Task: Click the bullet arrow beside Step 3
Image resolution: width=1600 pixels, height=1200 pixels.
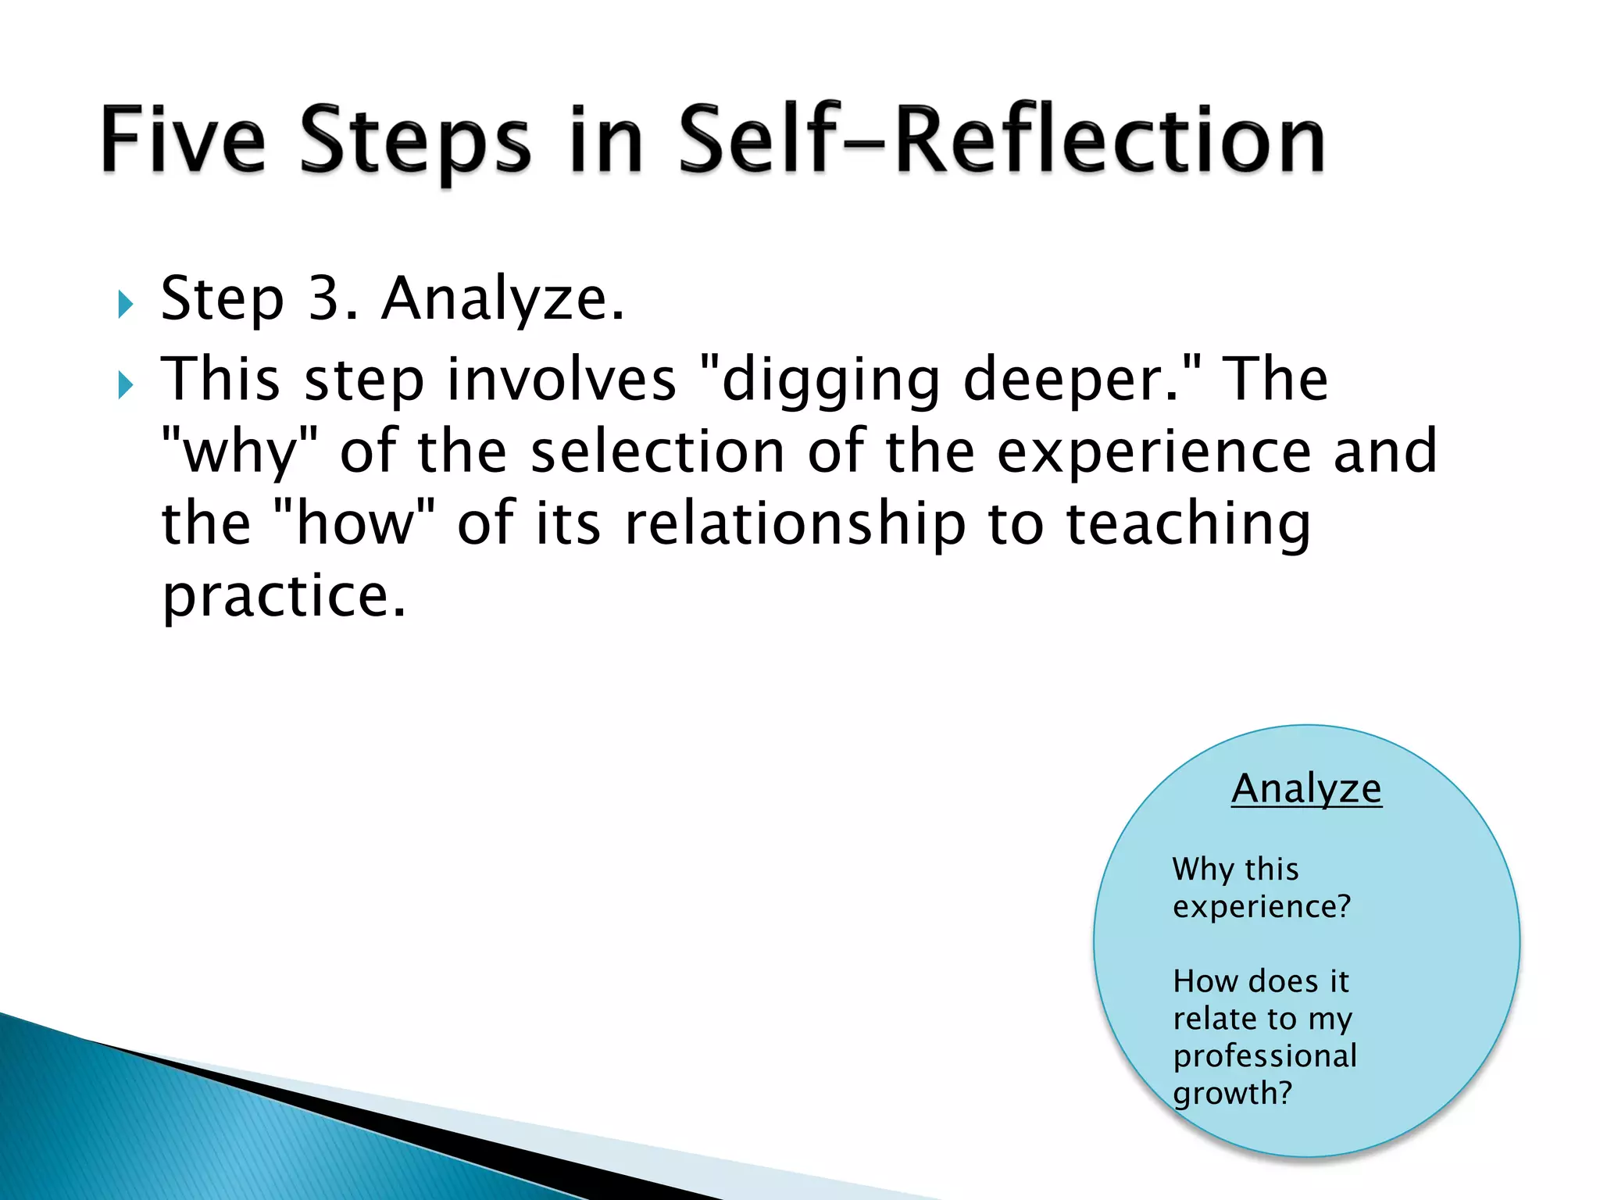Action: coord(125,304)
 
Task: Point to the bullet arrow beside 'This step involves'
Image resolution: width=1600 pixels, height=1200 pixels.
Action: coord(125,384)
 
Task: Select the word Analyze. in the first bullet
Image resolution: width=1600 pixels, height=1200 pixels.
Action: coord(503,298)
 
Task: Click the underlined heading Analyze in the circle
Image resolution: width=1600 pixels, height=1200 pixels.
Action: coord(1306,788)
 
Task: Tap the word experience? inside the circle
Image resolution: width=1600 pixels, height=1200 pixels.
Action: coord(1262,907)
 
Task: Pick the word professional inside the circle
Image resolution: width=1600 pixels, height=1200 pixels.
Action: coord(1265,1056)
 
